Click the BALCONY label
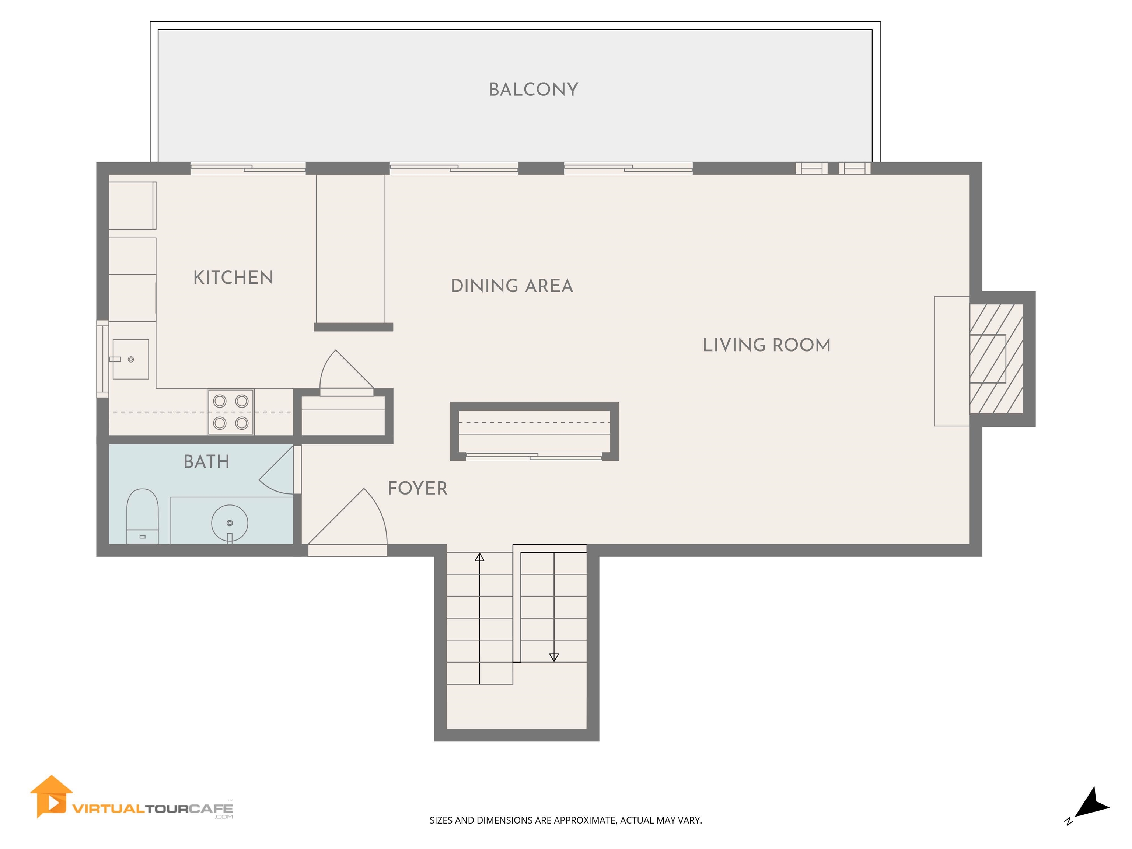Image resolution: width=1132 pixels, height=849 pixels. point(533,90)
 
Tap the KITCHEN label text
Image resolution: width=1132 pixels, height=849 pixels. point(233,278)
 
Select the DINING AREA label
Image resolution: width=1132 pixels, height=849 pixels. point(512,286)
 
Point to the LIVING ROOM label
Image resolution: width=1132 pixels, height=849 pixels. point(766,345)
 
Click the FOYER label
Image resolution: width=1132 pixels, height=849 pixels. point(417,488)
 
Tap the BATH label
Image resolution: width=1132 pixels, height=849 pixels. point(206,462)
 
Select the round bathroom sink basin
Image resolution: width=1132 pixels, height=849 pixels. point(230,523)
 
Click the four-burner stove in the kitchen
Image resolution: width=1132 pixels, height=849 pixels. point(231,412)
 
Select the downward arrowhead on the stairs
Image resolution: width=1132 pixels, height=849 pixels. point(554,657)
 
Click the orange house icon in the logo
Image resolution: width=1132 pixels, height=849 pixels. point(51,796)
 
